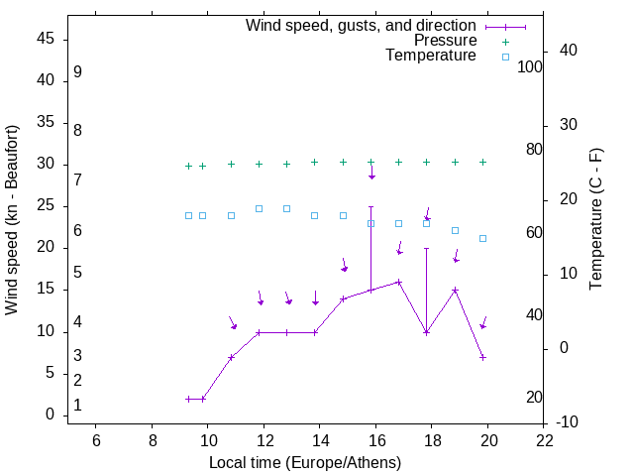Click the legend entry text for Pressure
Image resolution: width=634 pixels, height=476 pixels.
click(x=445, y=41)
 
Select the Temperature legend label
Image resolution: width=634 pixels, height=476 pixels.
click(x=431, y=56)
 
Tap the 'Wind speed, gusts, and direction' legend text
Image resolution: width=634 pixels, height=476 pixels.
click(x=362, y=25)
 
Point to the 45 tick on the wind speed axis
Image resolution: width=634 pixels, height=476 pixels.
click(x=46, y=38)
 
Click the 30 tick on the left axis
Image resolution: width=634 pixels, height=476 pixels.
click(x=46, y=164)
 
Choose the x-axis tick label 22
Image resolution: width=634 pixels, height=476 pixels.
click(x=545, y=440)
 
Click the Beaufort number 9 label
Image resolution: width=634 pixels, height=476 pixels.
click(x=77, y=72)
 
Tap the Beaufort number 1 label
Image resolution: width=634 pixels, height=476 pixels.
click(x=77, y=406)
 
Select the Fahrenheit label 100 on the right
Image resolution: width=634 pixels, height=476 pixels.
click(x=530, y=66)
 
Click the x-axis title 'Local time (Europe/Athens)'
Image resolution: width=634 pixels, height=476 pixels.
click(x=305, y=462)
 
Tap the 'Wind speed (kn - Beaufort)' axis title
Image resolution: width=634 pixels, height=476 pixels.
click(x=12, y=219)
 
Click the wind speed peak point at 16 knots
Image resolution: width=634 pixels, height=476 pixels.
click(x=399, y=282)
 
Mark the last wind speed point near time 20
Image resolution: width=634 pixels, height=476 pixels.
click(x=482, y=357)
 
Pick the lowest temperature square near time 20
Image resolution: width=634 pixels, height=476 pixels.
click(x=482, y=238)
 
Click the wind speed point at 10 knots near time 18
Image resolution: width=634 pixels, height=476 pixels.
click(x=426, y=332)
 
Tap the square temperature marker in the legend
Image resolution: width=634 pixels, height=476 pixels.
click(x=505, y=57)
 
